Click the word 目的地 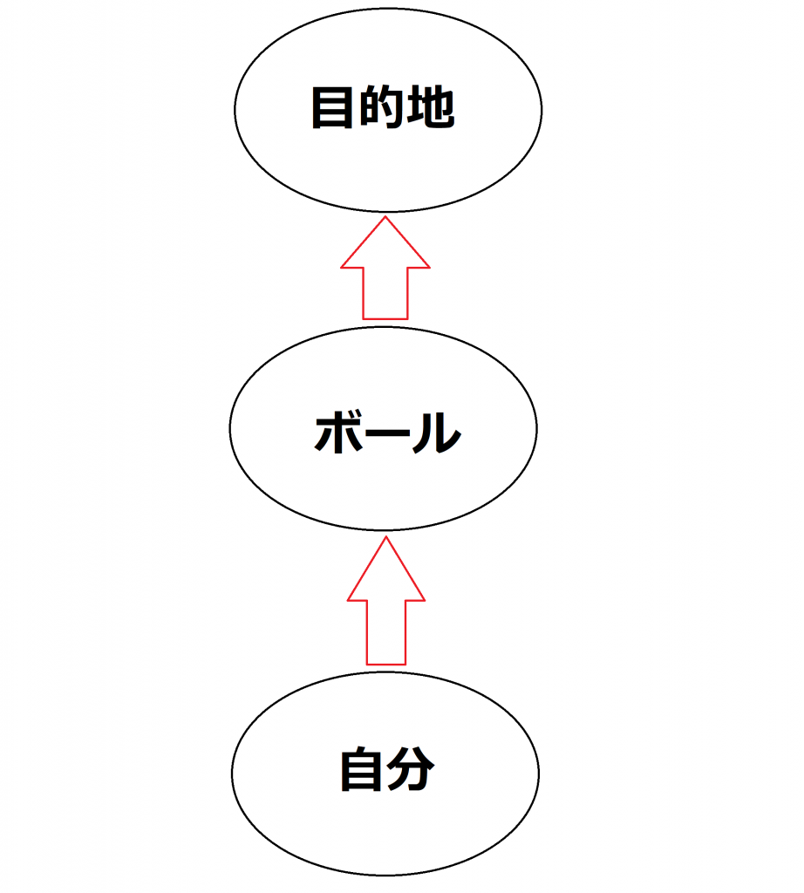[383, 109]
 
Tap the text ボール [386, 432]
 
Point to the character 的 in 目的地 [383, 109]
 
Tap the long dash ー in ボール [386, 433]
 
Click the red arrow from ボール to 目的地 [385, 270]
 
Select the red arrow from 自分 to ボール [386, 602]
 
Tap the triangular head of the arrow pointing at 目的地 [385, 249]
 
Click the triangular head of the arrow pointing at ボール [386, 576]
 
